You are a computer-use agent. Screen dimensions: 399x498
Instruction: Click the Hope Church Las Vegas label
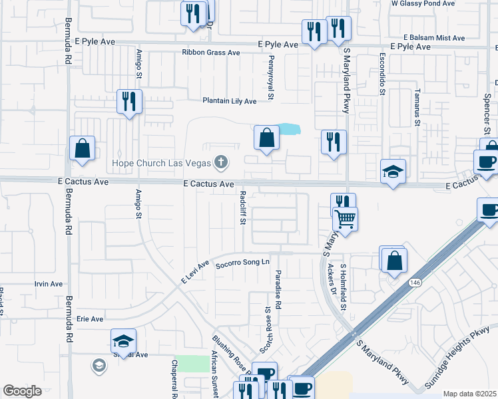(160, 163)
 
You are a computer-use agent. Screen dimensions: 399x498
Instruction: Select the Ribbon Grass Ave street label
(210, 53)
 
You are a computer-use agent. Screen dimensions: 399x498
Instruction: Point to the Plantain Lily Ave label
(230, 101)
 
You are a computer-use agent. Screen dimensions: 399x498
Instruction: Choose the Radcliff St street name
(244, 209)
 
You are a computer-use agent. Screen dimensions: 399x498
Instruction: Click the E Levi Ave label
(196, 273)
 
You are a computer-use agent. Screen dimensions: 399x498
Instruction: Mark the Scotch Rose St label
(268, 329)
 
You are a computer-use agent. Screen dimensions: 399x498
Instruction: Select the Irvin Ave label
(48, 284)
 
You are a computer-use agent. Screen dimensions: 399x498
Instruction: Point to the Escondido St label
(382, 74)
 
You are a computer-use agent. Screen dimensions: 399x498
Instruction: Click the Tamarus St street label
(417, 106)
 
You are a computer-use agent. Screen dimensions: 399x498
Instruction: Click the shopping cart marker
(346, 219)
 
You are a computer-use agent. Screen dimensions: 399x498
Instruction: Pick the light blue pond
(288, 128)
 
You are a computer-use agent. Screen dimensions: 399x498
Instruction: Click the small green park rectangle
(194, 364)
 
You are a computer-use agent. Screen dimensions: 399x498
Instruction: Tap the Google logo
(22, 391)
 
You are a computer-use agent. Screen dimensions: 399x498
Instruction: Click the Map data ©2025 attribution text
(470, 394)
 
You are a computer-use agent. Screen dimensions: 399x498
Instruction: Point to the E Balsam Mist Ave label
(434, 38)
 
